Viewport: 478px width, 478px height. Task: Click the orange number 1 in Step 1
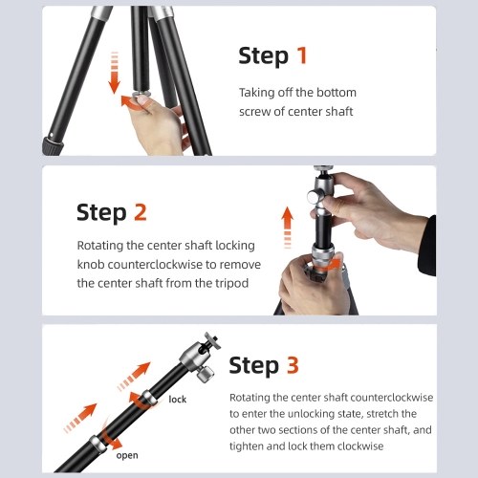pos(301,55)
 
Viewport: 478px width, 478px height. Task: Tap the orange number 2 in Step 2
pos(141,212)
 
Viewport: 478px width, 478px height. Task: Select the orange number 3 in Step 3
pos(293,364)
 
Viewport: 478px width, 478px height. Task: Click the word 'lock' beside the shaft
pos(178,400)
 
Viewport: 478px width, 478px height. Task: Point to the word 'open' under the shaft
pos(127,456)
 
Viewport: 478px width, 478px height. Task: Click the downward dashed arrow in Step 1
pos(114,73)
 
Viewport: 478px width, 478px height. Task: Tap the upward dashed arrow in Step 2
pos(288,228)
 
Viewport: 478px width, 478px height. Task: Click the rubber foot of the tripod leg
pos(53,145)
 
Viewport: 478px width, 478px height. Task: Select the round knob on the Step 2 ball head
pos(315,196)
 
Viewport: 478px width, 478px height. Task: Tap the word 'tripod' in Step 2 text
pos(231,283)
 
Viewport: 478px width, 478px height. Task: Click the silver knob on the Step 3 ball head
pos(205,374)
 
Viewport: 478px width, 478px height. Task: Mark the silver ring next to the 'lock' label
pos(149,399)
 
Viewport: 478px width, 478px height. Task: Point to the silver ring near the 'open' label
pos(98,444)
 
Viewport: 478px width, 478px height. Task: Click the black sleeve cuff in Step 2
pos(427,246)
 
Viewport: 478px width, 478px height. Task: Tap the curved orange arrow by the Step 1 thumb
pos(131,102)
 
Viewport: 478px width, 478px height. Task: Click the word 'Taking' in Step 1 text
pos(257,93)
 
